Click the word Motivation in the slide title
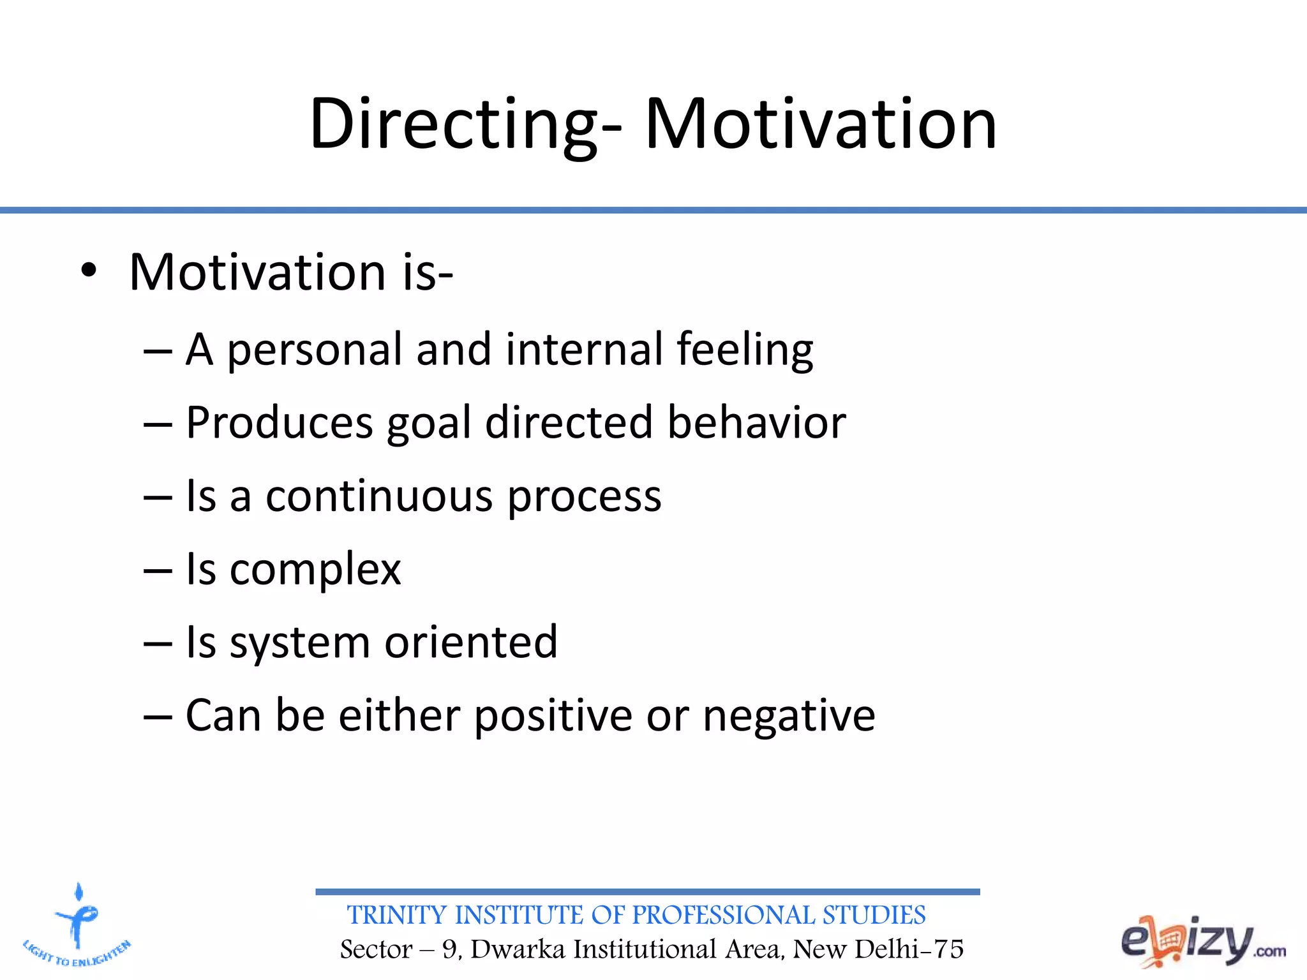click(x=820, y=124)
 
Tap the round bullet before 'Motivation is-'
click(x=89, y=272)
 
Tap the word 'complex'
click(x=315, y=569)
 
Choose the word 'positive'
click(x=553, y=715)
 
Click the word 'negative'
click(x=789, y=715)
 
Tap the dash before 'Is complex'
click(x=158, y=570)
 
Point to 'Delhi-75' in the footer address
click(x=909, y=949)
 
